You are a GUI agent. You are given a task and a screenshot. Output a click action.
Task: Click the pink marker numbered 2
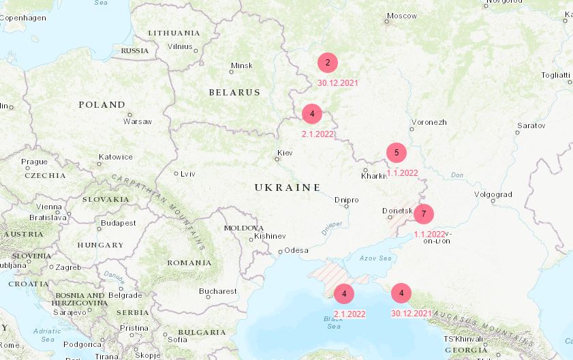328,63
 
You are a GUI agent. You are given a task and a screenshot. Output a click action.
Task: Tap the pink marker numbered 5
397,152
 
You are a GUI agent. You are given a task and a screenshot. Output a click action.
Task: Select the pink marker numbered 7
424,214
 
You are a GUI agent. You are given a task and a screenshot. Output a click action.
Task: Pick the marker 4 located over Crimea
344,294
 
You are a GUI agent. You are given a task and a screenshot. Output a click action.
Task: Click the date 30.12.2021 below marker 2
338,83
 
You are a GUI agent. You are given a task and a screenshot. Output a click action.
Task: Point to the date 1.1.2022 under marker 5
402,173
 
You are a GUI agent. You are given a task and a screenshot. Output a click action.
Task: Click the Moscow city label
401,16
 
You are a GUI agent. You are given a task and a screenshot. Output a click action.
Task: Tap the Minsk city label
242,65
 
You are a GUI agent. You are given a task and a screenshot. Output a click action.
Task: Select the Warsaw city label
138,121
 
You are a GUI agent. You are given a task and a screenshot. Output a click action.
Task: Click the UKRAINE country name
288,187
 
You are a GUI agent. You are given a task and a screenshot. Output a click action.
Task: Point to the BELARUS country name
234,92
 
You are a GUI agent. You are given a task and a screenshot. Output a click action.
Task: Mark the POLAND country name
102,105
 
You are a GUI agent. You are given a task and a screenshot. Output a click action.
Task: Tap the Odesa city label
296,250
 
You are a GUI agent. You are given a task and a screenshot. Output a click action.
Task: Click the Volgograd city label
493,194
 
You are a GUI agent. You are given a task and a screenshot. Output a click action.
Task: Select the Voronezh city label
429,122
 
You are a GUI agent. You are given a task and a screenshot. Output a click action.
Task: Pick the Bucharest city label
218,291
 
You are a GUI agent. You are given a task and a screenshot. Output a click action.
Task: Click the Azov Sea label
376,258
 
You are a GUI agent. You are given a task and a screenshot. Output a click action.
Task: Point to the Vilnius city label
181,46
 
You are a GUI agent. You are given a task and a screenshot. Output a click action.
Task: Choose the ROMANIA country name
189,262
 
